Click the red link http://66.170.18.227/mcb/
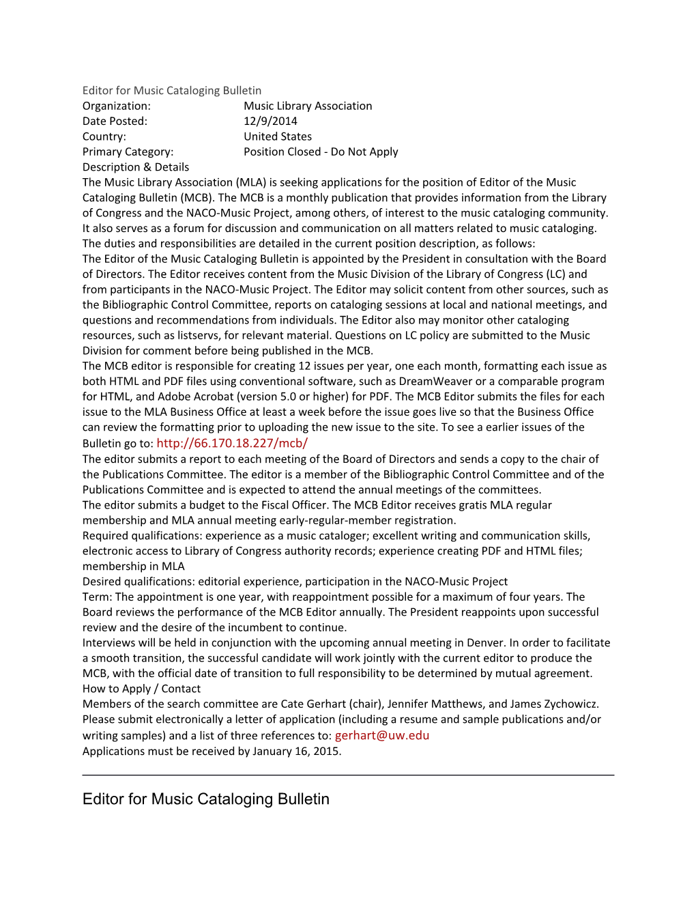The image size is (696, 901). pyautogui.click(x=232, y=443)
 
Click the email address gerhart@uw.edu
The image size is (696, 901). pyautogui.click(x=381, y=735)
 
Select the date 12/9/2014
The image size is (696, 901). pyautogui.click(x=270, y=121)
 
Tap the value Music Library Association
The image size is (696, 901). pyautogui.click(x=308, y=106)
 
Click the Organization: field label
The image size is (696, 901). pyautogui.click(x=117, y=106)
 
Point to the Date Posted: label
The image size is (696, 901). pyautogui.click(x=115, y=121)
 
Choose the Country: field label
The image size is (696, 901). pyautogui.click(x=104, y=137)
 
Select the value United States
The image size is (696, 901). pyautogui.click(x=278, y=137)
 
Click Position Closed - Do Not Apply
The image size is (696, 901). pyautogui.click(x=321, y=152)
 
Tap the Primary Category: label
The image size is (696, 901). pyautogui.click(x=128, y=152)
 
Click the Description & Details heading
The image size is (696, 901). pyautogui.click(x=136, y=167)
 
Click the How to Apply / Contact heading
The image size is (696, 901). pyautogui.click(x=141, y=689)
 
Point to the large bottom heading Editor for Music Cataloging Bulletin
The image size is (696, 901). pyautogui.click(x=206, y=799)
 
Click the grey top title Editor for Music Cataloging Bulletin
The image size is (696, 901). pyautogui.click(x=172, y=91)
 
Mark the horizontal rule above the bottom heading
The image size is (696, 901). pyautogui.click(x=348, y=775)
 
